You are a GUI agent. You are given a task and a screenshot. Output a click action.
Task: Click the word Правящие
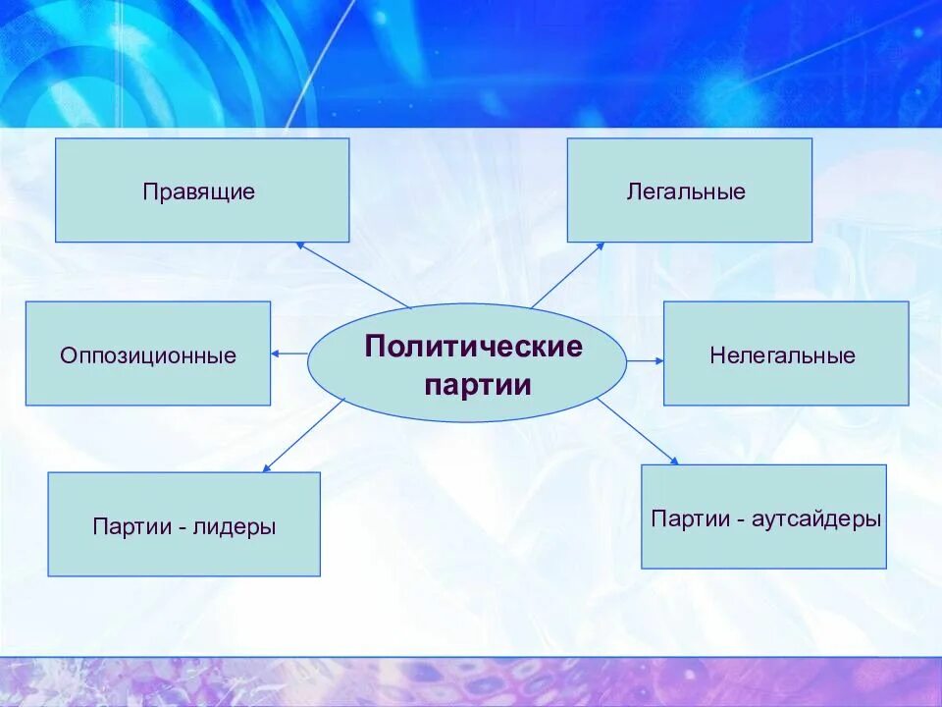[199, 191]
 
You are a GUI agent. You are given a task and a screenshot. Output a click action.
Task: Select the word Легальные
[686, 191]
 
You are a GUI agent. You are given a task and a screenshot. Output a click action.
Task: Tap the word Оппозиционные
[148, 354]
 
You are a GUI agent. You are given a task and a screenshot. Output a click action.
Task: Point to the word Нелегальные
[782, 354]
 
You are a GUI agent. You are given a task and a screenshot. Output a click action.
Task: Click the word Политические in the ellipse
[474, 347]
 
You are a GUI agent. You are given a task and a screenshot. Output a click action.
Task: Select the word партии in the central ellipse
[478, 384]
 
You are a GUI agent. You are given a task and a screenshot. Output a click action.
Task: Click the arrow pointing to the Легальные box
[568, 275]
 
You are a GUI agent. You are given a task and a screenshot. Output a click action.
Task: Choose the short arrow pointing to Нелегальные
[645, 361]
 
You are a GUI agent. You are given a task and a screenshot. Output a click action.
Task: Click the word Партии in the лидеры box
[131, 526]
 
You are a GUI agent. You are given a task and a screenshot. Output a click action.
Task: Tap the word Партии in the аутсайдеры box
[688, 518]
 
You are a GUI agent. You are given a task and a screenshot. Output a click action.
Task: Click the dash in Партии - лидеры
[183, 527]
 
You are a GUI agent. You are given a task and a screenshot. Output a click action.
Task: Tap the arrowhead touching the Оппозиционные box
[277, 353]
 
